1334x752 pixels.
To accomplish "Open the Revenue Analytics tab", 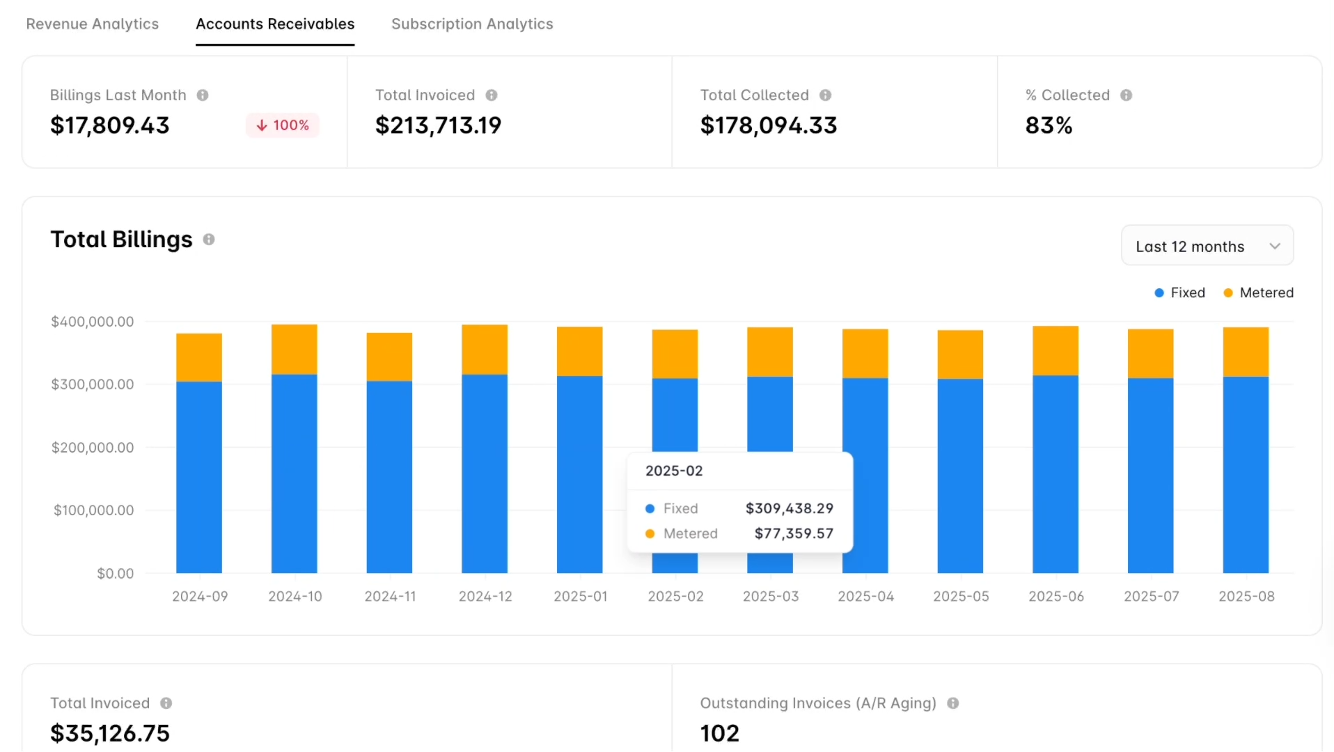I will [92, 24].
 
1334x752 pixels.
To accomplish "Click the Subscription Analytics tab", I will [472, 24].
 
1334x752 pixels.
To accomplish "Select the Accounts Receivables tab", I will [275, 24].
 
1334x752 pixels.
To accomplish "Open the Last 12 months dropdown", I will [1207, 246].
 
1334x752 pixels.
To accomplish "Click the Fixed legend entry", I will [1180, 292].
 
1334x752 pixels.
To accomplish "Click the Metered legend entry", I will [1259, 292].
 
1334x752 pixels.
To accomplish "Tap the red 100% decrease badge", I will [283, 125].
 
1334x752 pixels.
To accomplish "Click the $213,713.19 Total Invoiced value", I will [438, 125].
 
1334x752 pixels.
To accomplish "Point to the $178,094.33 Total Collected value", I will [768, 125].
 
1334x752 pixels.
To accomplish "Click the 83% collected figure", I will [1049, 125].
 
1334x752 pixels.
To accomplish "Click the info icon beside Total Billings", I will [209, 240].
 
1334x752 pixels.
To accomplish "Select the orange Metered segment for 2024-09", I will [199, 357].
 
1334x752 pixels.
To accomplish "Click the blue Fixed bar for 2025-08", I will [1246, 473].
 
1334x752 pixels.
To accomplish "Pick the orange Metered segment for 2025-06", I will [1056, 350].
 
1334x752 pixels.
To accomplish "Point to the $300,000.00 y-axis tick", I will [92, 384].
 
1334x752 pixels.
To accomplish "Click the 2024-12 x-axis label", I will [485, 597].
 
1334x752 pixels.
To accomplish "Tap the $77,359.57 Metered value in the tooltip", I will [794, 533].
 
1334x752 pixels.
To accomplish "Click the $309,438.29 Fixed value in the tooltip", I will [789, 508].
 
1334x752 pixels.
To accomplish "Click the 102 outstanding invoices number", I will [719, 733].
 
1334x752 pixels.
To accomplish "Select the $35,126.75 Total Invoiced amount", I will [110, 733].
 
